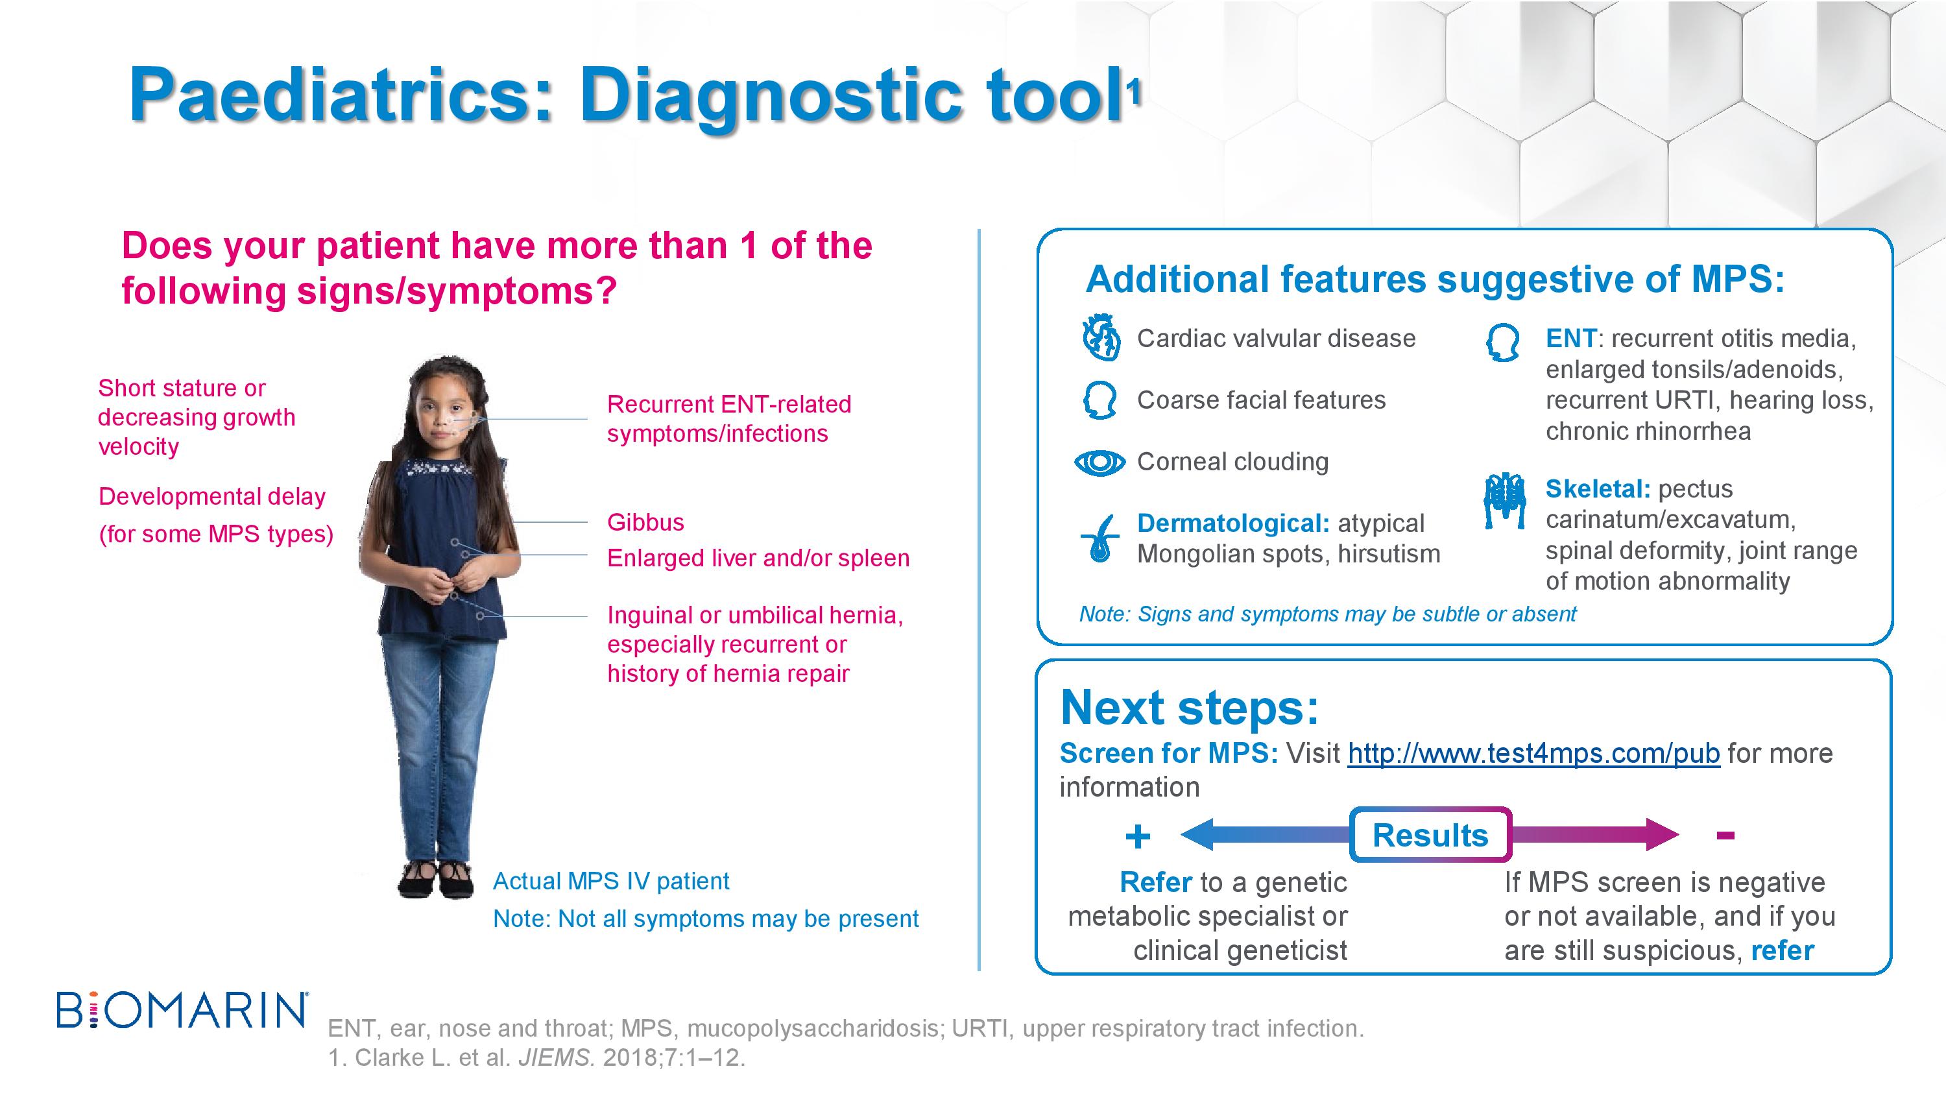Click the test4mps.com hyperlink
tap(1533, 753)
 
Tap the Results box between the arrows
tap(1431, 835)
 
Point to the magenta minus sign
tap(1725, 835)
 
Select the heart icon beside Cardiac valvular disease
tap(1101, 339)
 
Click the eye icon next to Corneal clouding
tap(1100, 463)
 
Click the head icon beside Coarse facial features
tap(1100, 400)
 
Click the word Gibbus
tap(645, 522)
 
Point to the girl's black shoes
tap(436, 880)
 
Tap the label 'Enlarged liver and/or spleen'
tap(758, 559)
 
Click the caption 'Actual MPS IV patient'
tap(611, 881)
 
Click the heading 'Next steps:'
tap(1190, 708)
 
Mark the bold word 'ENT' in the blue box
tap(1571, 339)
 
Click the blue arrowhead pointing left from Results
tap(1197, 835)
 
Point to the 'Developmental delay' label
tap(212, 496)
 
